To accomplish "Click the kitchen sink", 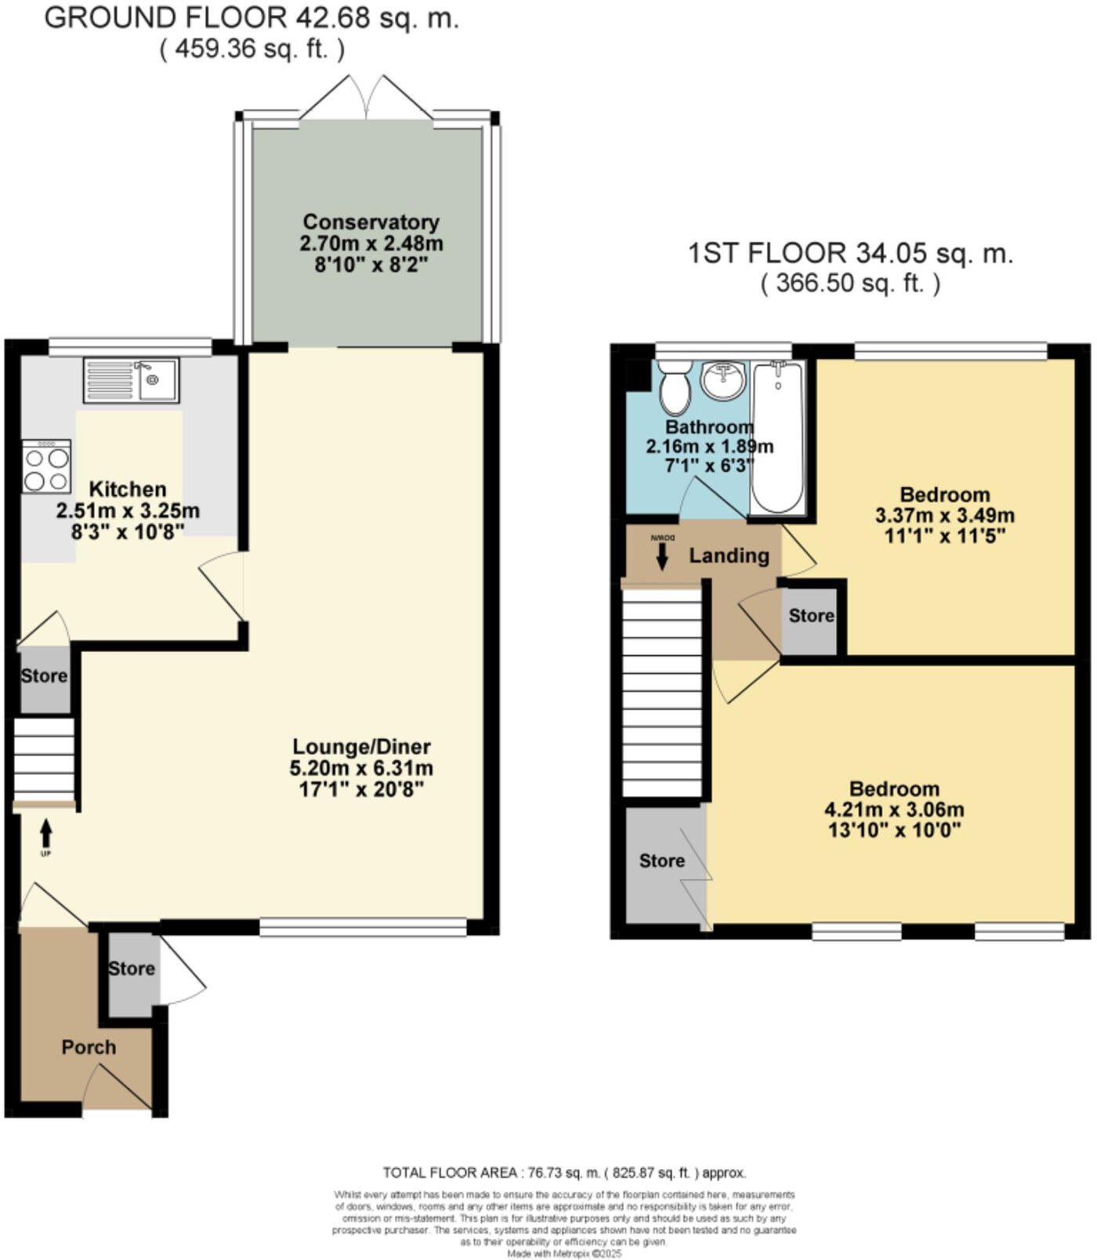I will click(131, 380).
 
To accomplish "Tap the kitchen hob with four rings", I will click(46, 467).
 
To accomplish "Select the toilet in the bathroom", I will click(673, 387).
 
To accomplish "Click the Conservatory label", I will click(371, 222).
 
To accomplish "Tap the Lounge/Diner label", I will click(361, 747).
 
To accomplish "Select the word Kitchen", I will click(128, 490).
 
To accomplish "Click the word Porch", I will click(89, 1048).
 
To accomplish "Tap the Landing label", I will click(729, 556).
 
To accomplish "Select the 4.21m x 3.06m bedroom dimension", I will click(894, 810).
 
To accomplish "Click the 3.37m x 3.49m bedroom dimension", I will click(944, 516).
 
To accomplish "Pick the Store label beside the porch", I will click(131, 969).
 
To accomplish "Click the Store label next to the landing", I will click(811, 616).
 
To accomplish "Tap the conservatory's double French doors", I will click(367, 100).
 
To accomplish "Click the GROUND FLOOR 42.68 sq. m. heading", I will click(252, 18).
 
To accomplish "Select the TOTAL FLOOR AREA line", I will click(564, 1173).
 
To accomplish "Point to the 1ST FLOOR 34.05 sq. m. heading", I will click(850, 254).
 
